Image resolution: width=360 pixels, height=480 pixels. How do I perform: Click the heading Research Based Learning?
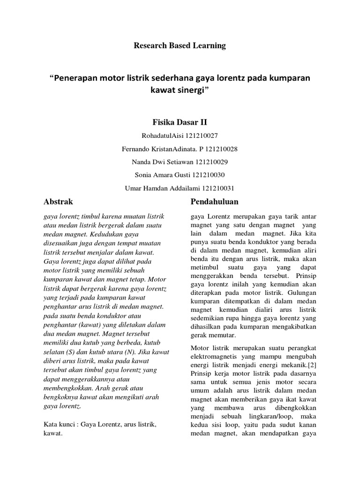180,45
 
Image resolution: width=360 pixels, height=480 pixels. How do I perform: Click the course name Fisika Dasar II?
180,122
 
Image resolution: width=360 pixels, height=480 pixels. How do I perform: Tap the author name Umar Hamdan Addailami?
161,188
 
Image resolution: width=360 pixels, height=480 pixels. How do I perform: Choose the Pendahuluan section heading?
215,202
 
